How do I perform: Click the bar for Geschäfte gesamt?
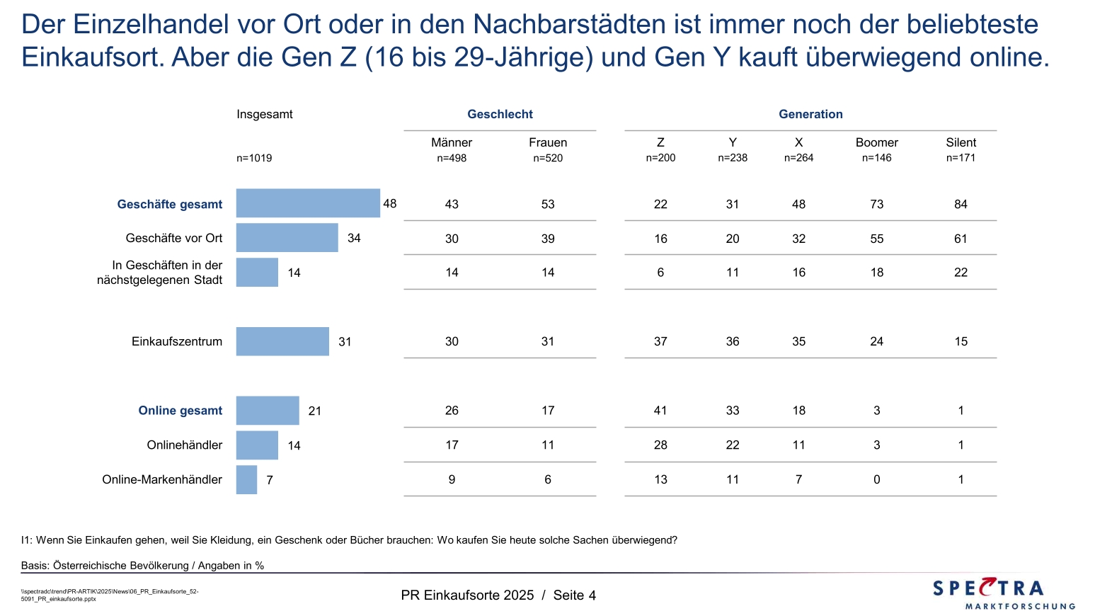click(x=308, y=203)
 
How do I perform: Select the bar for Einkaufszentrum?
click(x=282, y=341)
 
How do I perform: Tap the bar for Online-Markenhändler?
click(x=246, y=479)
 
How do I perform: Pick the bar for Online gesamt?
click(x=268, y=411)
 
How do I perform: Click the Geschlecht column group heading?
click(x=500, y=114)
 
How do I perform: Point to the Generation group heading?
click(x=810, y=114)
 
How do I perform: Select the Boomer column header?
click(x=876, y=142)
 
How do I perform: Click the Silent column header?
click(x=961, y=142)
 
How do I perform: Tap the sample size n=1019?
click(x=254, y=158)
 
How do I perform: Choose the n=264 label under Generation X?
click(x=798, y=158)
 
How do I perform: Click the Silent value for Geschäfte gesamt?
click(x=961, y=204)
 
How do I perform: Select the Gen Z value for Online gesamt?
click(x=660, y=411)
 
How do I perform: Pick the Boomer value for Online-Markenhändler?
click(x=876, y=479)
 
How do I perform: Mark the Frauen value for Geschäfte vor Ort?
click(x=548, y=239)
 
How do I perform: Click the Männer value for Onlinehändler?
click(x=452, y=445)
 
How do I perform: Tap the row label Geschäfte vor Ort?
click(x=174, y=238)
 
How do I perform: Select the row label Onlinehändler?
click(x=185, y=445)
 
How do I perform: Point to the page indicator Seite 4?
click(x=574, y=595)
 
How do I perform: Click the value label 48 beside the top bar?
click(x=390, y=204)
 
